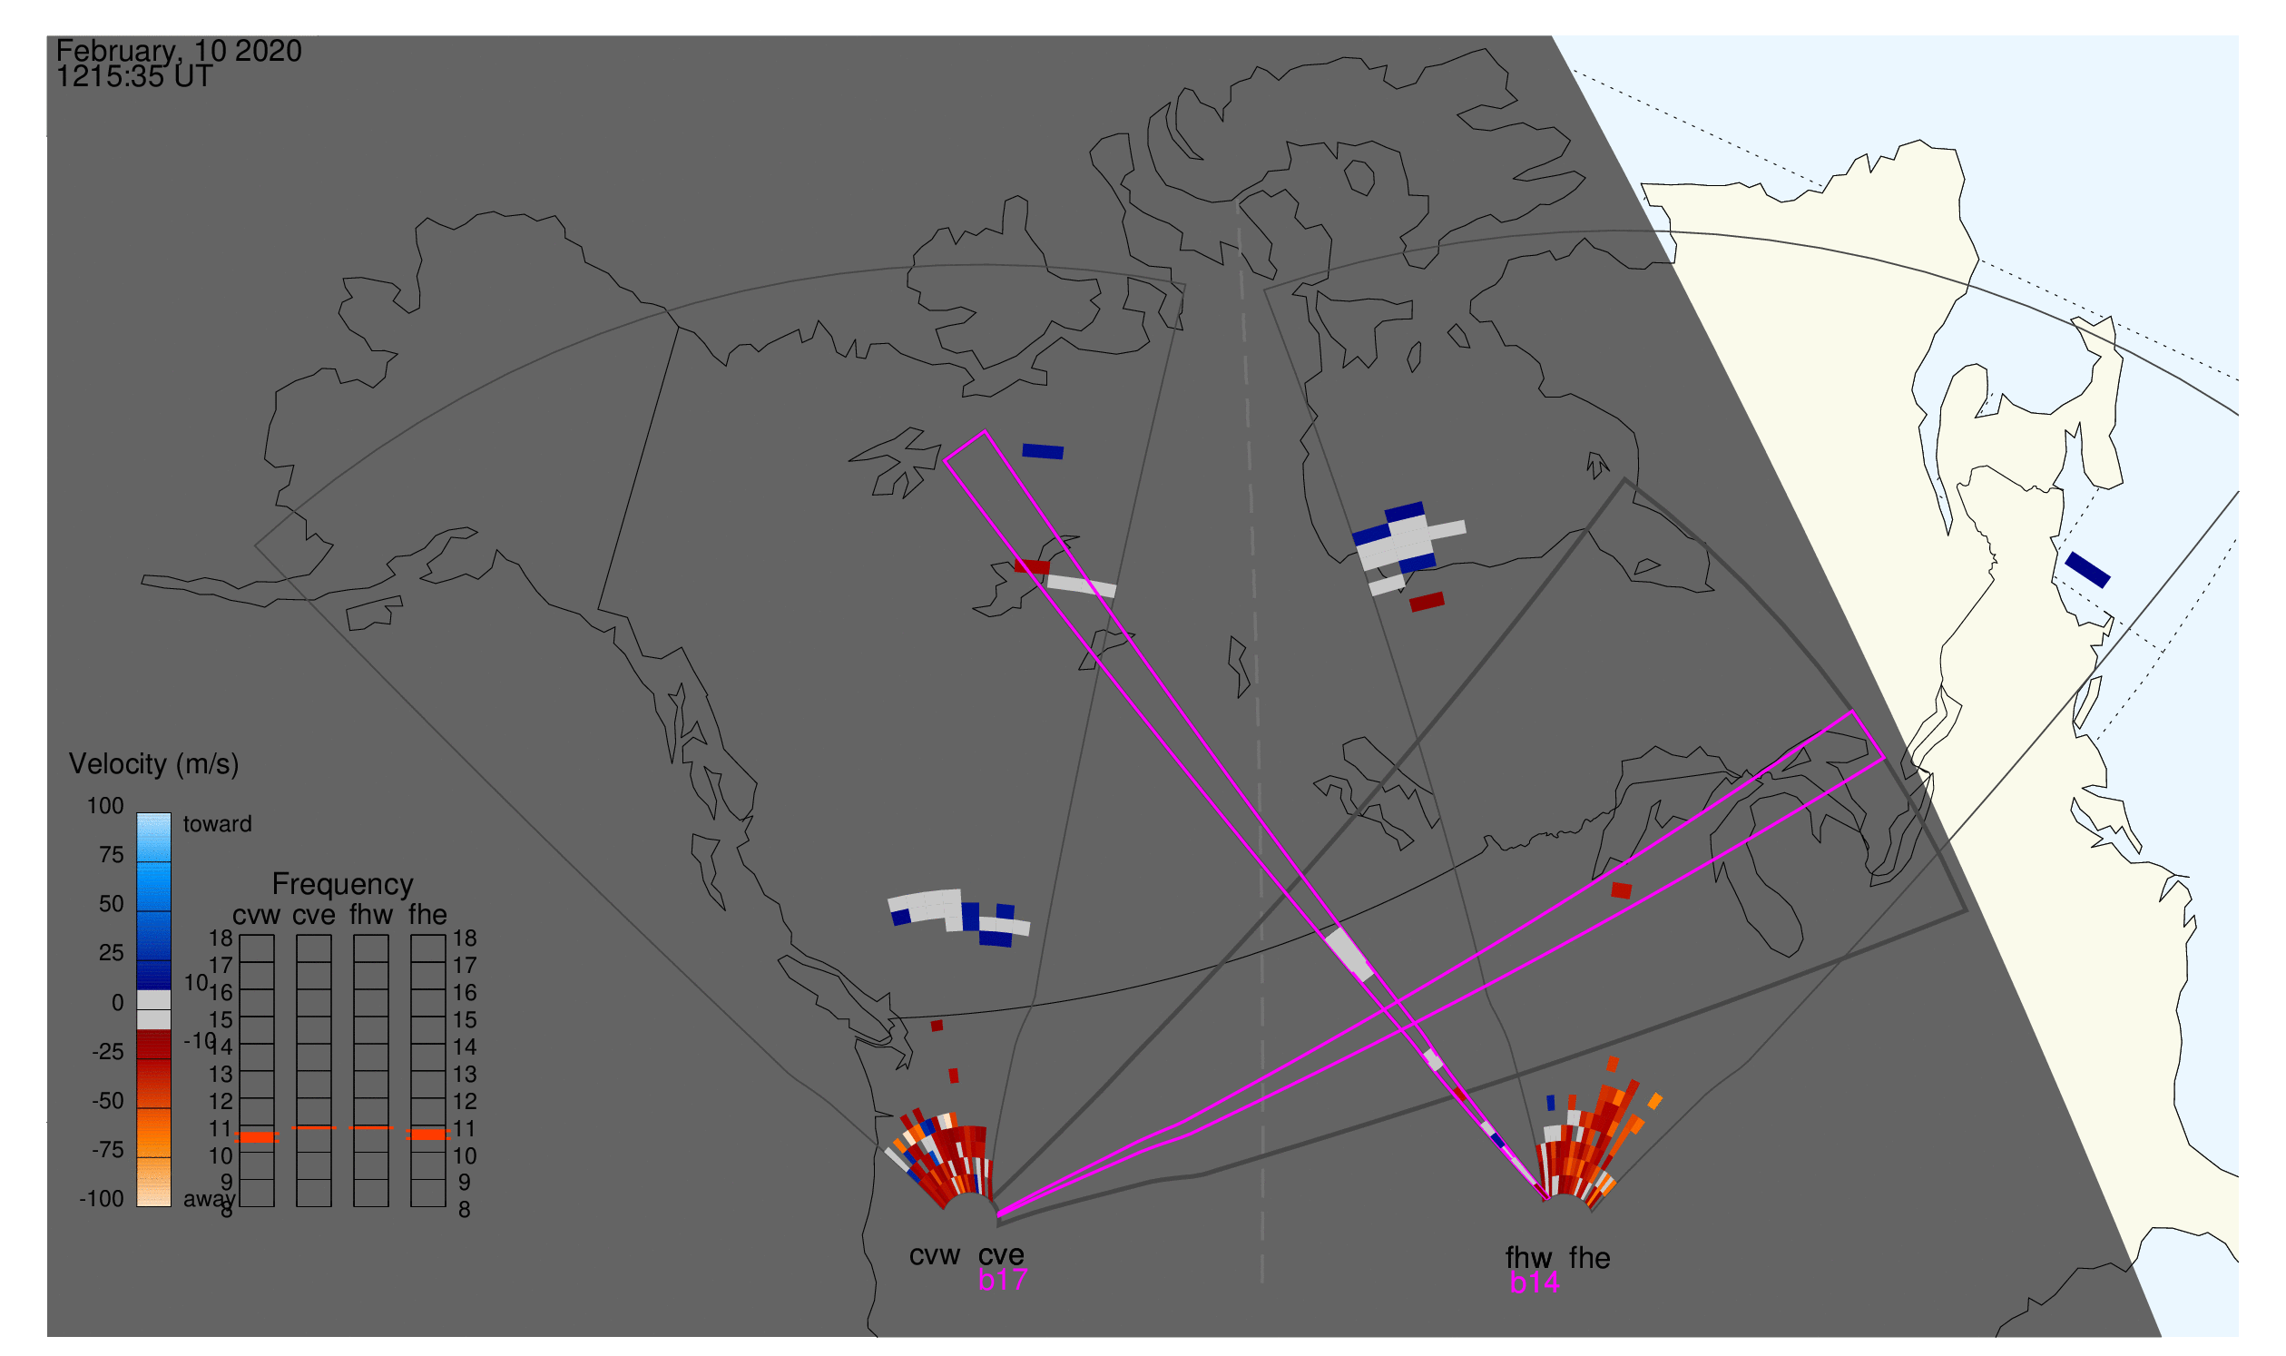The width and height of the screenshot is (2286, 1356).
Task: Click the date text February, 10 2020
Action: pyautogui.click(x=178, y=51)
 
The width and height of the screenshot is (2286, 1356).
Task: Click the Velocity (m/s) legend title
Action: pyautogui.click(x=153, y=764)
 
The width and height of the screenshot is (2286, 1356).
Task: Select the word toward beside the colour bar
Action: pyautogui.click(x=217, y=824)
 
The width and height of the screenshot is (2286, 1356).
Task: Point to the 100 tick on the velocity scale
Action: pyautogui.click(x=105, y=806)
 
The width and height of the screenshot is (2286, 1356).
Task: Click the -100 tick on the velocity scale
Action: pyautogui.click(x=101, y=1199)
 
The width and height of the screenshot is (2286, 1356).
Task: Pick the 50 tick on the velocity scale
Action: pyautogui.click(x=111, y=904)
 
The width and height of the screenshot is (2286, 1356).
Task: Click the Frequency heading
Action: pyautogui.click(x=343, y=885)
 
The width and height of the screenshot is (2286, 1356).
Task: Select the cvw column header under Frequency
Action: pyautogui.click(x=256, y=915)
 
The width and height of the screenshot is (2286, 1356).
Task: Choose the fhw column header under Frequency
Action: pyautogui.click(x=371, y=915)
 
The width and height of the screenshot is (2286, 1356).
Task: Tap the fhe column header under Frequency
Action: pyautogui.click(x=427, y=915)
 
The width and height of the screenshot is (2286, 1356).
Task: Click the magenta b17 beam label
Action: pyautogui.click(x=1002, y=1280)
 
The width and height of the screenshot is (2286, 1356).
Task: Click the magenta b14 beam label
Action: pyautogui.click(x=1534, y=1282)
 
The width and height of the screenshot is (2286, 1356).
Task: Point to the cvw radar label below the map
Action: pyautogui.click(x=934, y=1255)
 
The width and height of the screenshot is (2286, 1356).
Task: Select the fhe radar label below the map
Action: pyautogui.click(x=1590, y=1258)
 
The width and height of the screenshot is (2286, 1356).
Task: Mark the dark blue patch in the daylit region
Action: pyautogui.click(x=2088, y=569)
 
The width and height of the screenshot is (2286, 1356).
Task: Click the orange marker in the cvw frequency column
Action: pyautogui.click(x=257, y=1136)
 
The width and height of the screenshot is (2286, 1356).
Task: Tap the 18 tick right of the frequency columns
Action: pyautogui.click(x=464, y=938)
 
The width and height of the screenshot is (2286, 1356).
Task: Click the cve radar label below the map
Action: pyautogui.click(x=1001, y=1254)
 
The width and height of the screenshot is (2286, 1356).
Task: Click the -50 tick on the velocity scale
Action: pyautogui.click(x=107, y=1101)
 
